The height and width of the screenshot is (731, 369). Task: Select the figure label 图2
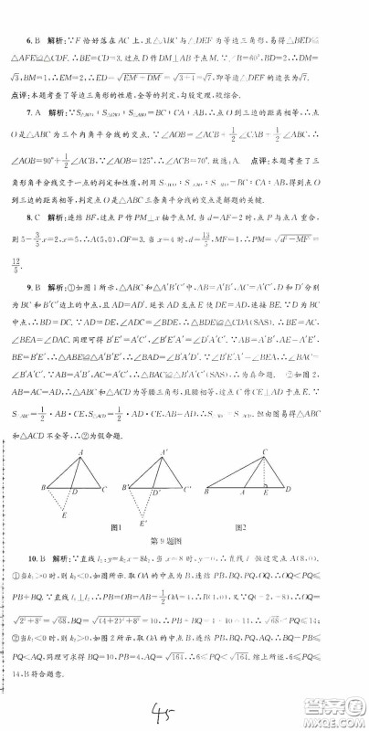242,527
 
